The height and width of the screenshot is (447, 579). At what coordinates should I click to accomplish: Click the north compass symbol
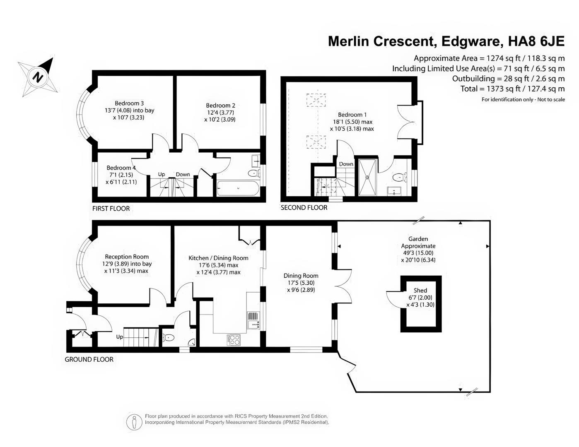click(38, 77)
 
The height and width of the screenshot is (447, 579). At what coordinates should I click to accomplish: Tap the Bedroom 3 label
click(129, 103)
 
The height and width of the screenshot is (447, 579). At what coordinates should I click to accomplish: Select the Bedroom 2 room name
click(220, 106)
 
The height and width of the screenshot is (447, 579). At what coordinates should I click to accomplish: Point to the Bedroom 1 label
click(352, 115)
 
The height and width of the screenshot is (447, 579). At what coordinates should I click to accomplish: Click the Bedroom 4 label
click(121, 168)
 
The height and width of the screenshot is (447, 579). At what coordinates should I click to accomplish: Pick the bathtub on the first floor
click(238, 188)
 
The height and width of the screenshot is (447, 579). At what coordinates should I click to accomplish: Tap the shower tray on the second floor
click(368, 177)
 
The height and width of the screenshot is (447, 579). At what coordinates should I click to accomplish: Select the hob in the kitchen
click(233, 340)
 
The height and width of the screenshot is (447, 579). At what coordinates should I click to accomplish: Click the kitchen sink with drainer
click(253, 320)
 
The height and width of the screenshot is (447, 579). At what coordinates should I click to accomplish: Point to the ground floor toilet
click(168, 338)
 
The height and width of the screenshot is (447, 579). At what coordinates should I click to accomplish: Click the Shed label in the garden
click(420, 291)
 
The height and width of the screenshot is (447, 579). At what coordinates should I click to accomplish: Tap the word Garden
click(418, 239)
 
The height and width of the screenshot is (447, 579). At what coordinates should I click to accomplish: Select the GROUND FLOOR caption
click(89, 359)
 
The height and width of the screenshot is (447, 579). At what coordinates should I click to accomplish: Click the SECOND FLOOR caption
click(304, 208)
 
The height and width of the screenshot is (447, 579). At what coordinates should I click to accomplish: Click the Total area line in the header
click(513, 89)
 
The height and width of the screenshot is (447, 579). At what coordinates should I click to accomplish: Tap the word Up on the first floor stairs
click(162, 174)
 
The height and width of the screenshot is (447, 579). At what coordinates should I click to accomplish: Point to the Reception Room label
click(127, 257)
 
